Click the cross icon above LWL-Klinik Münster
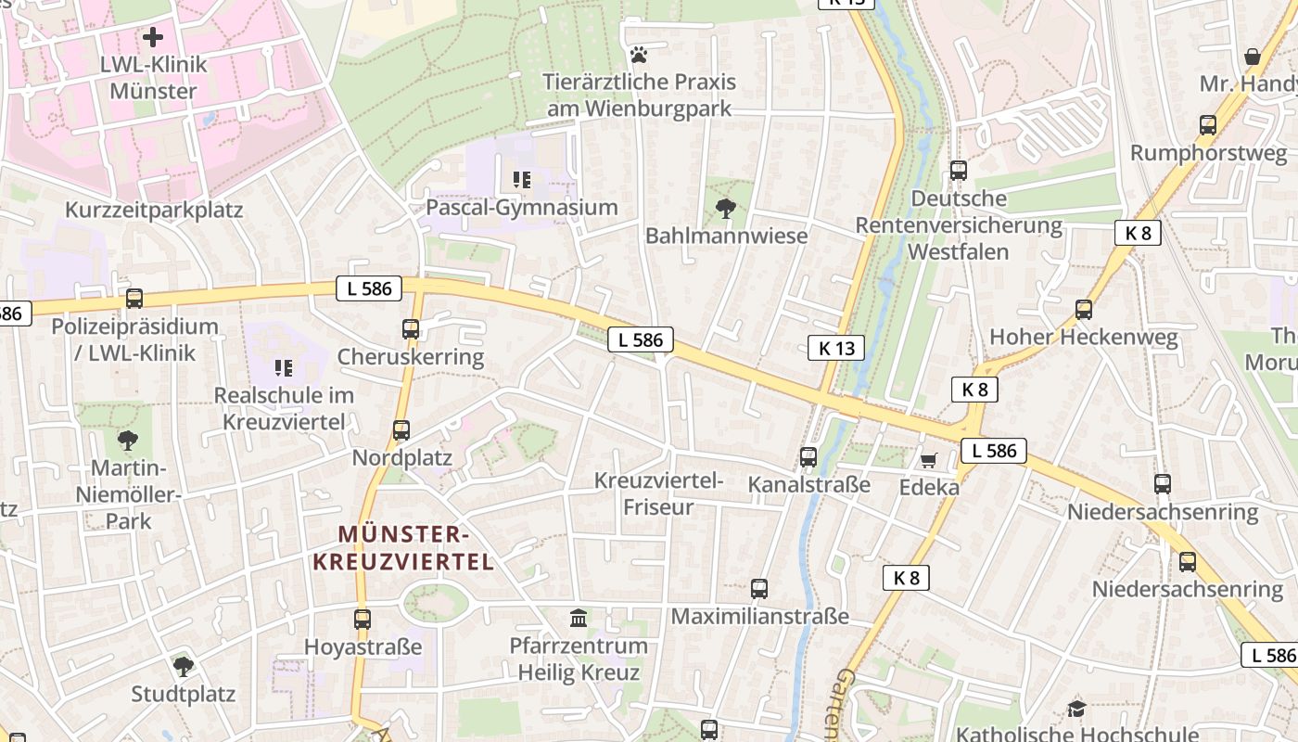coord(153,37)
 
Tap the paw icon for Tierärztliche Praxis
coord(638,55)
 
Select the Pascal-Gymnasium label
coord(521,207)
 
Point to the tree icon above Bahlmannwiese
coord(726,209)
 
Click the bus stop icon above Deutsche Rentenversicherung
coord(959,171)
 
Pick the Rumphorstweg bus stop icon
coord(1208,125)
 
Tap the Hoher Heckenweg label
coord(1083,337)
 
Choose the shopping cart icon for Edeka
coord(928,459)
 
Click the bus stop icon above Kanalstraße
coord(808,456)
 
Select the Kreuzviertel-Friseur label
coord(658,493)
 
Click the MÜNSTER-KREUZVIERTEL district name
coord(403,547)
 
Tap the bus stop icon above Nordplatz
coord(401,430)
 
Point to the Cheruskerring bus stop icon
coord(411,328)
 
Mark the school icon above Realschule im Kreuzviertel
coord(284,368)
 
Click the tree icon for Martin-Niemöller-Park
coord(128,440)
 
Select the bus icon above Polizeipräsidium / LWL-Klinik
coord(134,299)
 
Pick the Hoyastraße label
coord(363,646)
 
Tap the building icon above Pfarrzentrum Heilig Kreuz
coord(579,618)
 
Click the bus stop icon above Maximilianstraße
coord(759,589)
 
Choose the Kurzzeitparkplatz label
coord(154,210)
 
